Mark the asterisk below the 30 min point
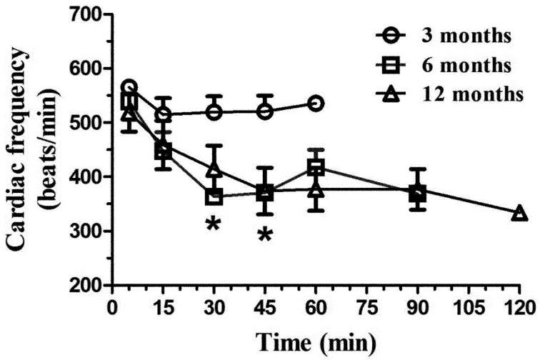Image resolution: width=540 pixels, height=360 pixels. (213, 224)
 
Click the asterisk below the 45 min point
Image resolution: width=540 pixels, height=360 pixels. (265, 234)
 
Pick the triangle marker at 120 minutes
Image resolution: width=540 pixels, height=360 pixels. (520, 213)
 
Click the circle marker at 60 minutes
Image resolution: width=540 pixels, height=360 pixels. (316, 104)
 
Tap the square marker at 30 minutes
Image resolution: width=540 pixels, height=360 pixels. (214, 196)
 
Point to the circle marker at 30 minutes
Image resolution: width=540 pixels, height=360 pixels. (214, 112)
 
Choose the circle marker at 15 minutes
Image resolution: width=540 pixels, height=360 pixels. (163, 114)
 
